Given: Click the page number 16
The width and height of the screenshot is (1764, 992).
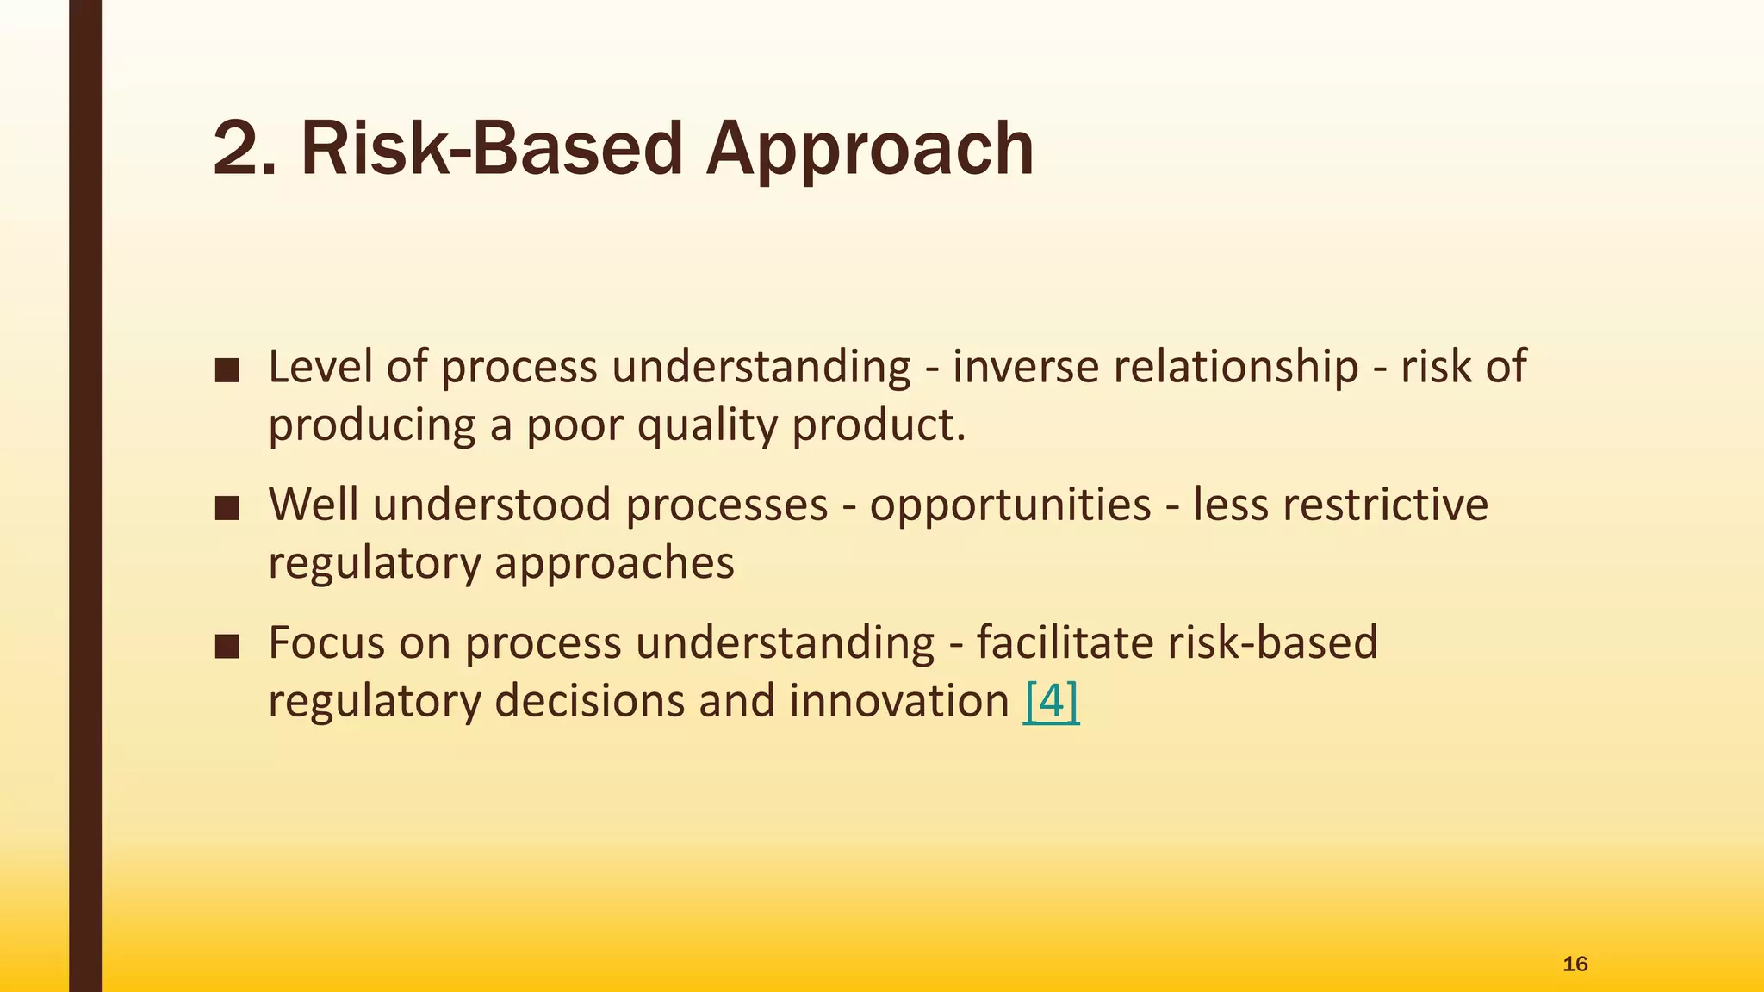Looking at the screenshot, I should coord(1575,964).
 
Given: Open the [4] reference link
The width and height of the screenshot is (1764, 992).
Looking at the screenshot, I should coord(1051,701).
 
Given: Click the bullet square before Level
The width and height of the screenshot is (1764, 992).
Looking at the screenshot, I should coord(227,371).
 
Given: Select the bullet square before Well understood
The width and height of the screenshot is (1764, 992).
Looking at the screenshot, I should coord(227,509).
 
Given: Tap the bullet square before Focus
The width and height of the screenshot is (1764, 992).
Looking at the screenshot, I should coord(227,647).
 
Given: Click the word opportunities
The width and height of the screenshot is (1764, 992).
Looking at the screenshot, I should coord(1009,505).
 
